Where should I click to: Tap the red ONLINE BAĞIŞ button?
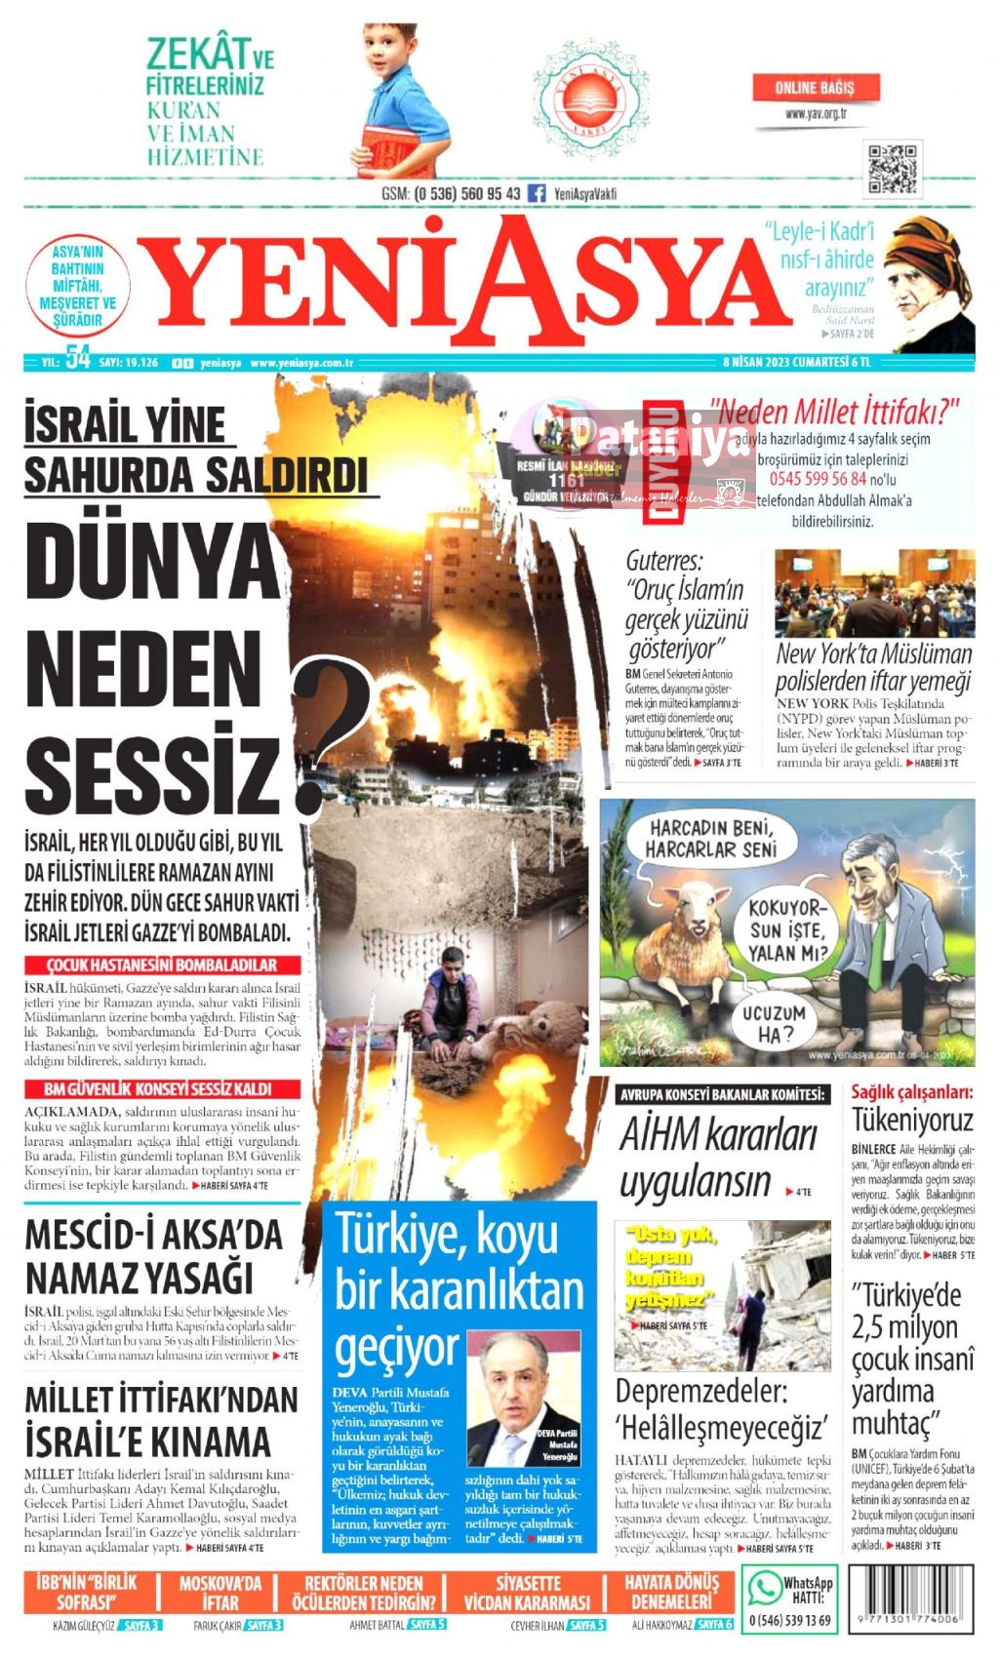point(815,88)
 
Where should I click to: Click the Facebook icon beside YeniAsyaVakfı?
point(537,193)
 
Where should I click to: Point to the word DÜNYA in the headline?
point(154,563)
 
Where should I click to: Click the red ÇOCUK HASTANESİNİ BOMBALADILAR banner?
point(162,965)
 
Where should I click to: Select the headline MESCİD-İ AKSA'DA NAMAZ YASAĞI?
point(154,1256)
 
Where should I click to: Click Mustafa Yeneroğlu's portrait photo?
point(525,1398)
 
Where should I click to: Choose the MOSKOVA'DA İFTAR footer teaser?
point(220,1593)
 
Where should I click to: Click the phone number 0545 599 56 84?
point(818,479)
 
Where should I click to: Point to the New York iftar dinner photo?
point(874,593)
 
